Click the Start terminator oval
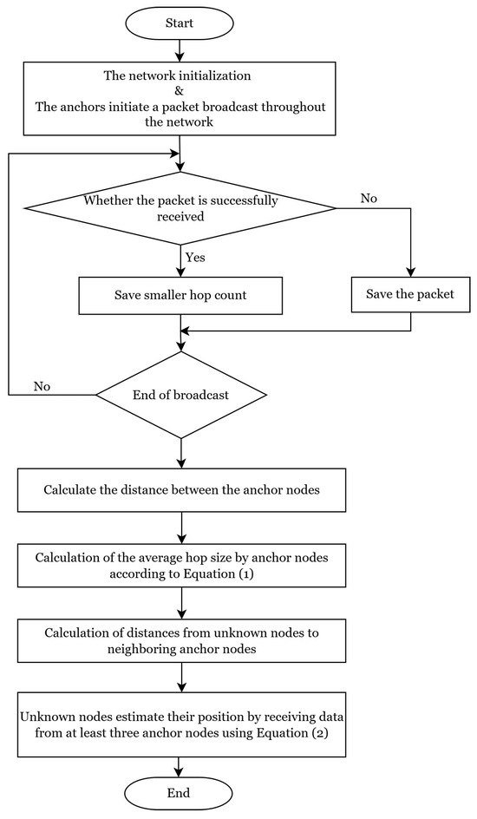[x=179, y=23]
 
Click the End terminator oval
[x=179, y=793]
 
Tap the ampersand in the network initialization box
[x=179, y=91]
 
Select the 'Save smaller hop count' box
[x=180, y=295]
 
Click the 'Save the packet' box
[x=410, y=295]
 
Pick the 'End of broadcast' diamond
[x=180, y=395]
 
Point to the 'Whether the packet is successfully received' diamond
[x=180, y=207]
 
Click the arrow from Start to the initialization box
[x=179, y=51]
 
